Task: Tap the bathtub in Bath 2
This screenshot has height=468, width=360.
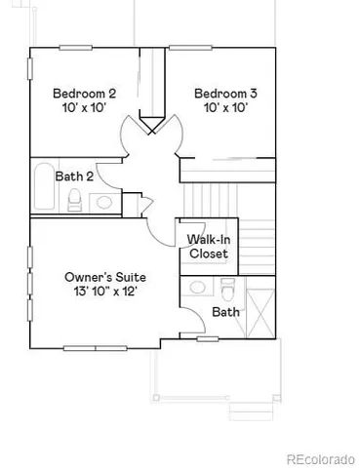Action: (x=42, y=188)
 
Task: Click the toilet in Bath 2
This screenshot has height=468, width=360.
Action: (x=74, y=201)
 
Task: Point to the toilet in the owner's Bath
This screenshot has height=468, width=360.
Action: (x=228, y=290)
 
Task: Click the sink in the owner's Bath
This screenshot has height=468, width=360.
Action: (x=199, y=289)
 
